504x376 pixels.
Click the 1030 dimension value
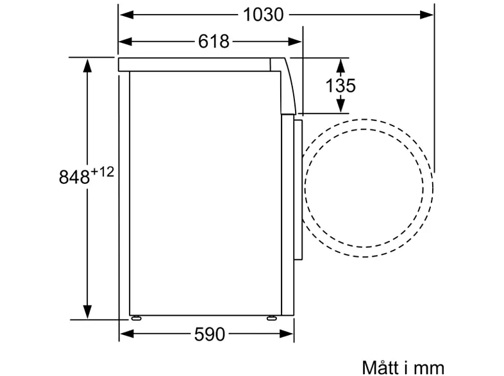click(264, 15)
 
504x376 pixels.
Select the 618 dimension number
click(214, 42)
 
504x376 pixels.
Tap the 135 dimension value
click(340, 86)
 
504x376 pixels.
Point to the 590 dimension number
click(210, 334)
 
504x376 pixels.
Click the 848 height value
click(74, 177)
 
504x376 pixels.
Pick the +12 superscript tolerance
click(103, 172)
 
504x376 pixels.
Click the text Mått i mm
click(403, 367)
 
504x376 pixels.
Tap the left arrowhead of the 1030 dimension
click(126, 15)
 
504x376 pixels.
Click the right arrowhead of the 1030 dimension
click(426, 15)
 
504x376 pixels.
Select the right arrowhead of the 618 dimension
click(295, 42)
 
